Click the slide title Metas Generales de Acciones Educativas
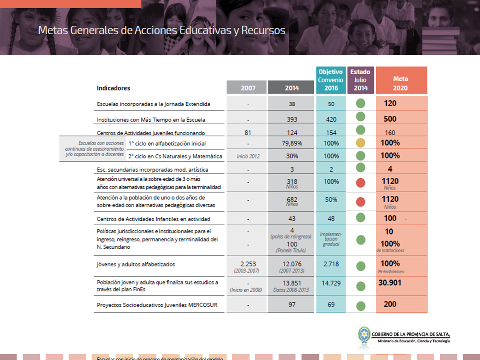162,30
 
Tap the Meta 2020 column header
401,83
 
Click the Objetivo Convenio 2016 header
331,80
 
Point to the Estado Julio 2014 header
360,80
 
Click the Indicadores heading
113,88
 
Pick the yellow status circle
360,143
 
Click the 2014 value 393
292,119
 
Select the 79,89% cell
292,143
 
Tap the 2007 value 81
248,133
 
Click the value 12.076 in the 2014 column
292,264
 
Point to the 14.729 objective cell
331,283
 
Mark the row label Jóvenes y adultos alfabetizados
136,264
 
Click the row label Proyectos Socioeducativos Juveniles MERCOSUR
154,305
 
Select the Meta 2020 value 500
390,119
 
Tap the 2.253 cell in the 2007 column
248,264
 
